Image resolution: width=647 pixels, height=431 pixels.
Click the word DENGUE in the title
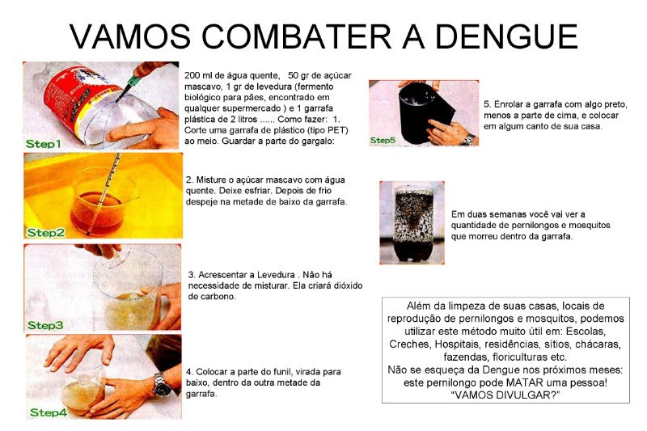506,36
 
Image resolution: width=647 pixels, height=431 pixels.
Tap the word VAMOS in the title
130,36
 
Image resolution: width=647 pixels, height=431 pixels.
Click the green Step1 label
44,144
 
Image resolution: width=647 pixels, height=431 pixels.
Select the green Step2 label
46,233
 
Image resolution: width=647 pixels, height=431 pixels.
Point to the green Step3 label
45,325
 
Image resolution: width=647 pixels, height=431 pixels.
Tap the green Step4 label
49,412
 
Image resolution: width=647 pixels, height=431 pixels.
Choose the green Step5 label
383,140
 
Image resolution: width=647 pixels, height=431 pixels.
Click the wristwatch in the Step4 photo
161,384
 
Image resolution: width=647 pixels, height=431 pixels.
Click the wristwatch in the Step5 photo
468,139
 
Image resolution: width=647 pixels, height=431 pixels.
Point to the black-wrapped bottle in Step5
421,113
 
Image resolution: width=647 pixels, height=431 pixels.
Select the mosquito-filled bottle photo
412,222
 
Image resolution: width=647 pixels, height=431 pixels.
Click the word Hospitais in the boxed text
457,344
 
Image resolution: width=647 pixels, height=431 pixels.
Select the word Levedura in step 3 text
276,275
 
